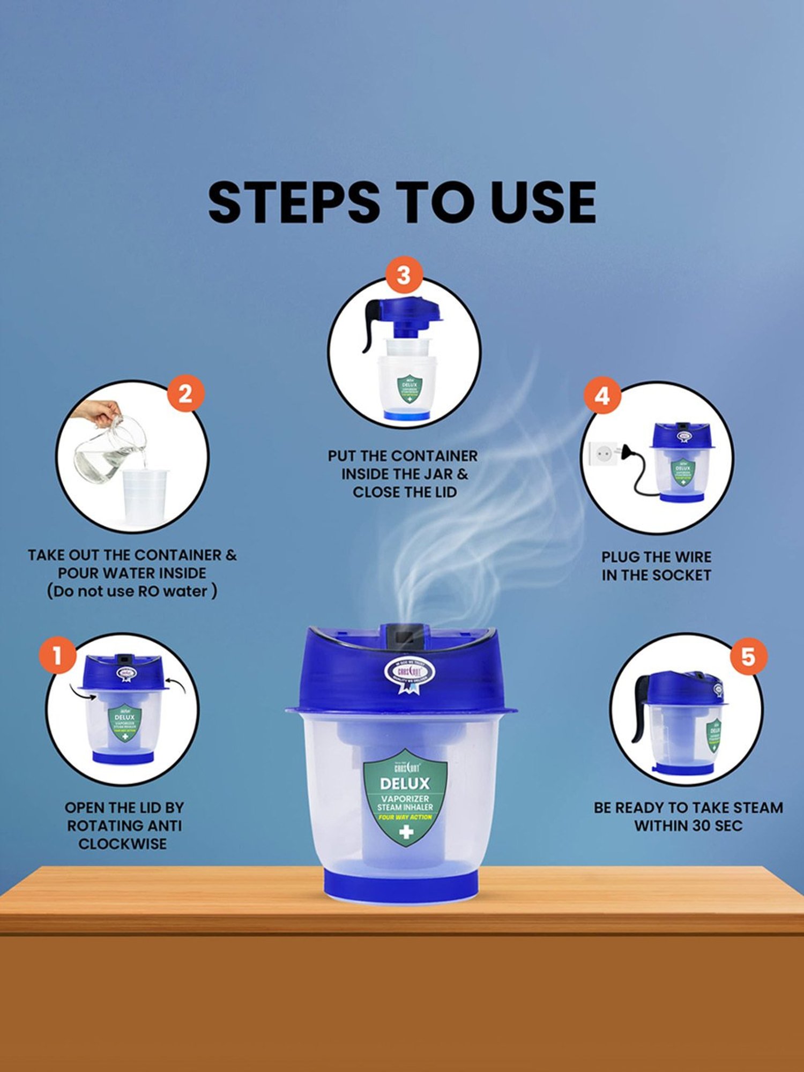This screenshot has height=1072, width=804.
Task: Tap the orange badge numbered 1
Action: point(57,655)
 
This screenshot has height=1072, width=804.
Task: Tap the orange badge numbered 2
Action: point(185,394)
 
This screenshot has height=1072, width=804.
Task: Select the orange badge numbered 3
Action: point(403,276)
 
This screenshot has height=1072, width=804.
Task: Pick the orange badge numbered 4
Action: point(602,396)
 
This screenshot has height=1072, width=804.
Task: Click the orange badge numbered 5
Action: point(748,656)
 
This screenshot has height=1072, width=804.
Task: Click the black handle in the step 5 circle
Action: point(641,708)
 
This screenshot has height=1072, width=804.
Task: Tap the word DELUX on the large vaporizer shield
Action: point(405,784)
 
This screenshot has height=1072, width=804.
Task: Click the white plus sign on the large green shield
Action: point(406,832)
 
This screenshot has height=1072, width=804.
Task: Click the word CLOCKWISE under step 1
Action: point(123,844)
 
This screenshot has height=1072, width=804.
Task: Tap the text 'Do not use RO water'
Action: point(132,591)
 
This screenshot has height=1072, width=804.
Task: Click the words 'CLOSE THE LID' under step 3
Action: point(405,492)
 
